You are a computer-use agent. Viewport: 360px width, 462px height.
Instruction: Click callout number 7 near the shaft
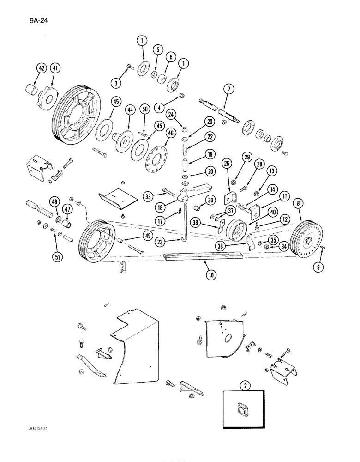227,88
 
